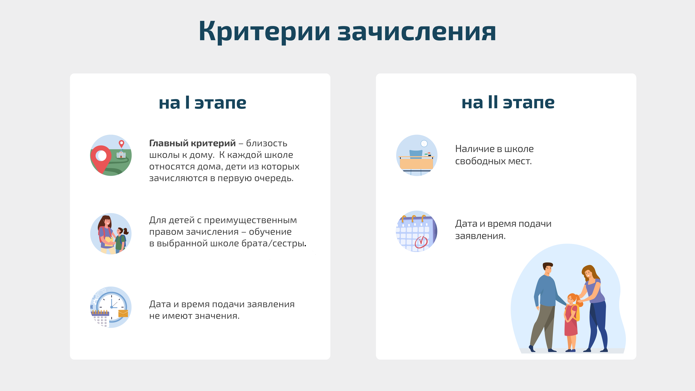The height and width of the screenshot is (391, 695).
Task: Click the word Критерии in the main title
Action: (264, 32)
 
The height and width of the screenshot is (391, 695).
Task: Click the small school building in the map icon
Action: (121, 154)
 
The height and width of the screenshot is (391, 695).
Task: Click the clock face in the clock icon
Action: (111, 307)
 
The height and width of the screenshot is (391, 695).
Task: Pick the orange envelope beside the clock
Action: (123, 314)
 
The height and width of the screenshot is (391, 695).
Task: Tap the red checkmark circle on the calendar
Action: (421, 242)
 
